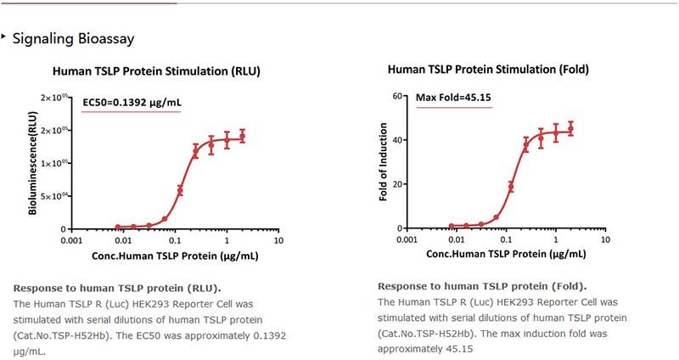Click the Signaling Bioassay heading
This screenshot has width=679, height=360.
click(73, 39)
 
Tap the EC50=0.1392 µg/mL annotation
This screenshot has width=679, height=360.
click(132, 103)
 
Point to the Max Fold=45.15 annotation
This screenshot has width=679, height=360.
click(454, 98)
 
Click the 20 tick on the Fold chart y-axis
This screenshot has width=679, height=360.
click(396, 184)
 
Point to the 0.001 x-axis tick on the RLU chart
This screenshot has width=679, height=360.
click(71, 240)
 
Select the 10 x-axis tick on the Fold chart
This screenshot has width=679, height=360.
click(604, 239)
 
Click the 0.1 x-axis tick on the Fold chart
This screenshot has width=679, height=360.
click(505, 239)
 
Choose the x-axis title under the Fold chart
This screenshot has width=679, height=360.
click(505, 254)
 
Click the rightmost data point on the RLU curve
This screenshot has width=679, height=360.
click(243, 136)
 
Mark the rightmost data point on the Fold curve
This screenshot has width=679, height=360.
click(570, 129)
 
